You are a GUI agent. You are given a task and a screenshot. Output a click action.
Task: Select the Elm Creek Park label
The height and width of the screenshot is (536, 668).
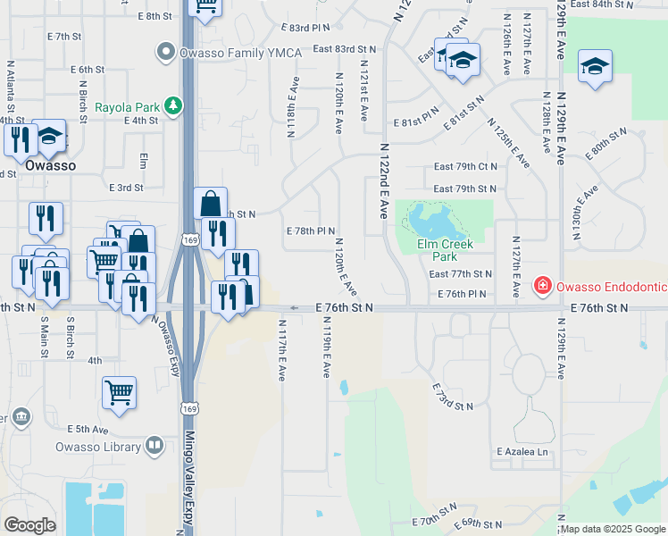445,244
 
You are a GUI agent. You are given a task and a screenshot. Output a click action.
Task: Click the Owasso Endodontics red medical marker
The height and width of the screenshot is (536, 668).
541,287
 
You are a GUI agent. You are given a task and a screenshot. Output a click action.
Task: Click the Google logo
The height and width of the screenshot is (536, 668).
29,525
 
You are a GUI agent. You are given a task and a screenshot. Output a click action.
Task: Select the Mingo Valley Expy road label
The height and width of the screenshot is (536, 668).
188,482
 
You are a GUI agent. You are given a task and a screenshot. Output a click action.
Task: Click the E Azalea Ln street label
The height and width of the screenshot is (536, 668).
522,452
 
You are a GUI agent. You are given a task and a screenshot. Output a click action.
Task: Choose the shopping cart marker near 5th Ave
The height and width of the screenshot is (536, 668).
119,391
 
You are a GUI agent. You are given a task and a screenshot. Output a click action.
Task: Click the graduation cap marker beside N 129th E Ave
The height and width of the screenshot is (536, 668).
595,66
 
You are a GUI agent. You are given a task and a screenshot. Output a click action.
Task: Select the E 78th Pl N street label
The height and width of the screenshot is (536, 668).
310,230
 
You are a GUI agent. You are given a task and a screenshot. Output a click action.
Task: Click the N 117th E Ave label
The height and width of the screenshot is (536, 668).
282,351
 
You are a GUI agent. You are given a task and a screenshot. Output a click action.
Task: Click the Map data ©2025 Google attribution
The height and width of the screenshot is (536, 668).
614,529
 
